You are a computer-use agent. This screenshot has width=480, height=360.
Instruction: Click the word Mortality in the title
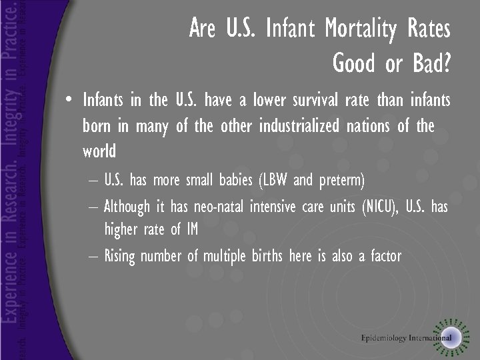[x=359, y=29]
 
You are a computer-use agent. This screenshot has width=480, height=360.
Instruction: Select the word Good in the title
[x=354, y=63]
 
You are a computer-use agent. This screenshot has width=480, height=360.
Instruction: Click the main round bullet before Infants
[x=69, y=101]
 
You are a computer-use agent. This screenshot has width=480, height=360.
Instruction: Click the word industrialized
[x=299, y=126]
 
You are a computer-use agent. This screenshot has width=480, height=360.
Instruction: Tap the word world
[x=99, y=151]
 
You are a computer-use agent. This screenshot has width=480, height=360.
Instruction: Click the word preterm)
[x=341, y=181]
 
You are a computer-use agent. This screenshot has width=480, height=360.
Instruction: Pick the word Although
[x=127, y=207]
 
